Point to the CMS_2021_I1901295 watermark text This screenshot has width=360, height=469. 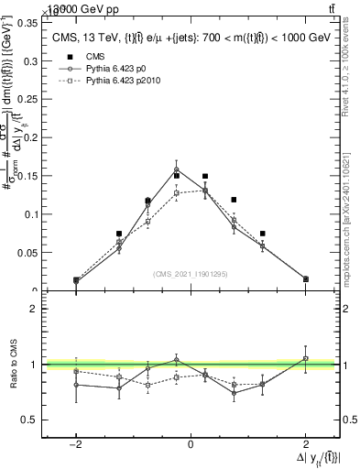191,274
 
